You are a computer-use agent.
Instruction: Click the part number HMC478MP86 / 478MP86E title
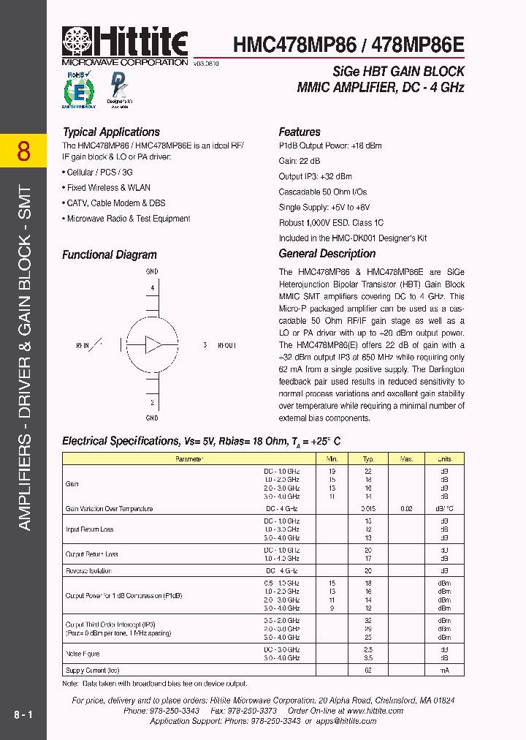(x=348, y=45)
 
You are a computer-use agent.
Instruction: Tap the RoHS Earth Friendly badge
(x=78, y=91)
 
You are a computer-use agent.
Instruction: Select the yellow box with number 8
(x=23, y=151)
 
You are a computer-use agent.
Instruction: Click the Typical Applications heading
(x=111, y=132)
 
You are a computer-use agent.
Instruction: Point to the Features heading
(x=300, y=132)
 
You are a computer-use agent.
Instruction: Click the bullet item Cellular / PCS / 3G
(x=99, y=173)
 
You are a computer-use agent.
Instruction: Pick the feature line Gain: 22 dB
(x=300, y=161)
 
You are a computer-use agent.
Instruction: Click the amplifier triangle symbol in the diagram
(x=153, y=344)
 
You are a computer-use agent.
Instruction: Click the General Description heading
(x=327, y=254)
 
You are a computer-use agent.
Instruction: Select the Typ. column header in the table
(x=368, y=459)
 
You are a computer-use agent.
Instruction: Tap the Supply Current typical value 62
(x=368, y=670)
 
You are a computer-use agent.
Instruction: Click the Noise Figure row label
(x=83, y=654)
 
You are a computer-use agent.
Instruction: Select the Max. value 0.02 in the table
(x=405, y=509)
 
